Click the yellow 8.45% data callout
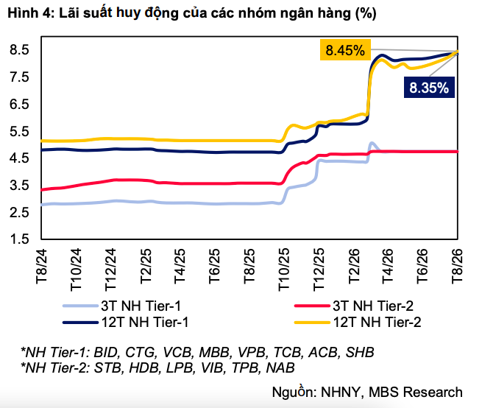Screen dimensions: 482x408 point(345,49)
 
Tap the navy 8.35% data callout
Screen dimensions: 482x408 point(429,88)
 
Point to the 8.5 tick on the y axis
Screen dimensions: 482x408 point(19,50)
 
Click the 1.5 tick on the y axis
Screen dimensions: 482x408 point(19,239)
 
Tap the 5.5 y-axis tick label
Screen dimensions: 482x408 point(19,132)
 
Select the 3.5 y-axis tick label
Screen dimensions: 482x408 point(19,186)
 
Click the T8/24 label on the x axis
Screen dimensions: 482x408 point(41,266)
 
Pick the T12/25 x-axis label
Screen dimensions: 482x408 point(319,270)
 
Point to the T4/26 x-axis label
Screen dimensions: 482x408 point(388,266)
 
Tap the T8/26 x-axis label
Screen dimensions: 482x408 point(457,266)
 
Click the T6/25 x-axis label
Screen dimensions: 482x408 point(215,266)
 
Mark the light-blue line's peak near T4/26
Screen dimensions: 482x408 point(372,143)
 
